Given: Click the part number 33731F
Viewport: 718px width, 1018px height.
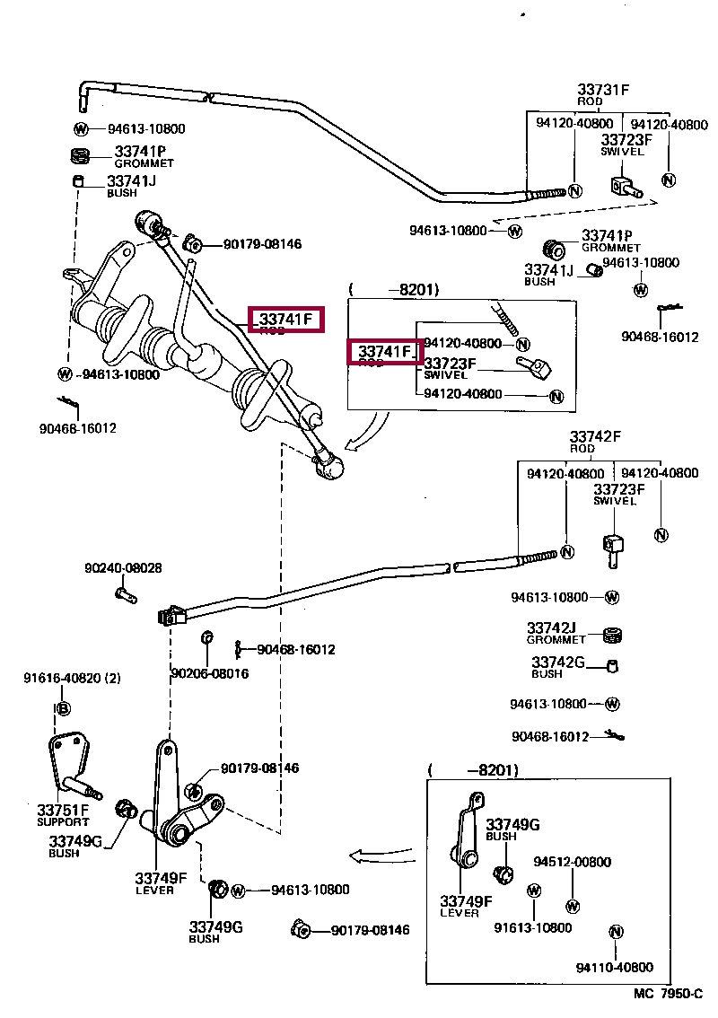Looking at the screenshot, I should [x=603, y=90].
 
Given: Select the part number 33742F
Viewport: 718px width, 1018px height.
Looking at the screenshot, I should [x=595, y=437].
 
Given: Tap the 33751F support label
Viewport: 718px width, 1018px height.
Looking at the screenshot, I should [x=63, y=811].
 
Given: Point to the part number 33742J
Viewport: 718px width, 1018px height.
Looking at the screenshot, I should [x=551, y=627].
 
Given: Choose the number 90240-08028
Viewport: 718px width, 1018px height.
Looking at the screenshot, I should [x=123, y=568].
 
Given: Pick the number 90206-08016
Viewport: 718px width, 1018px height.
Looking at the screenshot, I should [x=209, y=673].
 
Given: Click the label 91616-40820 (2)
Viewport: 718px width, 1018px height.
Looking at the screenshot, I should [x=71, y=679].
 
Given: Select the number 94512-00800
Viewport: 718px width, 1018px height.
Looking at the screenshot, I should [x=572, y=862].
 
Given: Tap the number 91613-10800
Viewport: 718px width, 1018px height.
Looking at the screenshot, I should [x=532, y=927].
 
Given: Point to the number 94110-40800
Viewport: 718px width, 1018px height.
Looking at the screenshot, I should [x=615, y=967].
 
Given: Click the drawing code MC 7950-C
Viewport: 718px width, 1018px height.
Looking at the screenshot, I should [x=668, y=995].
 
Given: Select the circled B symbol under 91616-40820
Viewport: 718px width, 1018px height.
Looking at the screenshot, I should [x=62, y=709].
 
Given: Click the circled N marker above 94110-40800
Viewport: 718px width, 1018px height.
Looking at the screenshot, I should [x=616, y=932].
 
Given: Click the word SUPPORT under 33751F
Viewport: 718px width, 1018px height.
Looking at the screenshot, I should [x=63, y=822].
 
